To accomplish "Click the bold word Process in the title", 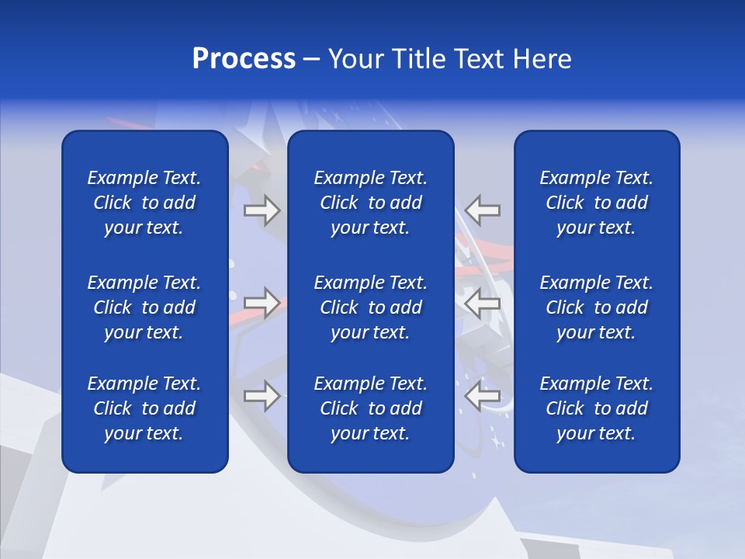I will point(244,59).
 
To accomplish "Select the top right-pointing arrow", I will point(262,210).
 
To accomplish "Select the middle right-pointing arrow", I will point(262,303).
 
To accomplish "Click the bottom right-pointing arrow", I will point(262,396).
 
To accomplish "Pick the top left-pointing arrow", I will point(483,210).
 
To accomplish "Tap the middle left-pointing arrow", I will point(483,303).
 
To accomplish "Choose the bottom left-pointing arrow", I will point(483,396).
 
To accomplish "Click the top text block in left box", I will point(144,203).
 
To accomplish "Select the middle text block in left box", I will point(144,307).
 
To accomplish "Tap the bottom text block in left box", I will point(144,408).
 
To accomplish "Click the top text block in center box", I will point(371,203).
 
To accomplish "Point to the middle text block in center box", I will point(371,307).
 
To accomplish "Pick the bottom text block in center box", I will point(371,408).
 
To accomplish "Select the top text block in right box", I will point(597,203).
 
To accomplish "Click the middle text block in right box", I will point(597,307).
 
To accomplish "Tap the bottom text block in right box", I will point(597,408).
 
